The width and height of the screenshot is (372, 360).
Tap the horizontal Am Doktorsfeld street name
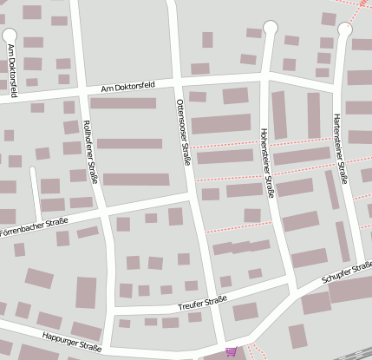pos(127,87)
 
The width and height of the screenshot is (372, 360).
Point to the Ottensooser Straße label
pos(185,134)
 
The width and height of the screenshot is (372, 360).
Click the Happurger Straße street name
pos(69,341)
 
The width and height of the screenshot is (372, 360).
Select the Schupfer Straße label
pos(346,275)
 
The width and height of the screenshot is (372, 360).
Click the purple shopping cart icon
pos(231,351)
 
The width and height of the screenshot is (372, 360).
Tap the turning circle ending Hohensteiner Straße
pos(271,29)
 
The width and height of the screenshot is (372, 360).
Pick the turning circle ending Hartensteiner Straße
pos(345,30)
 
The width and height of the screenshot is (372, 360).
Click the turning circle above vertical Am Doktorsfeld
pos(11,36)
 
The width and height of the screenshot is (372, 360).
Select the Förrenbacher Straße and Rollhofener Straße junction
pos(103,213)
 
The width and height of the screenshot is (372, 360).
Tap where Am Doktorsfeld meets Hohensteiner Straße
pos(264,77)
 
